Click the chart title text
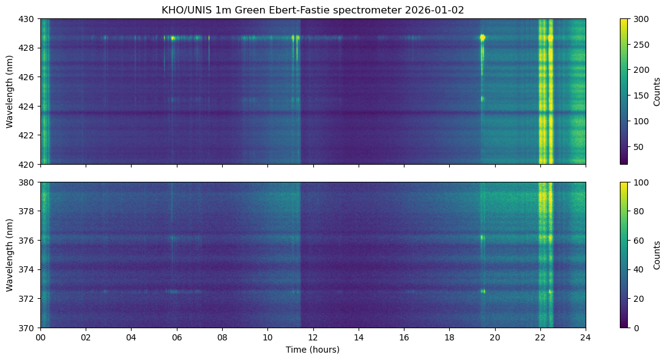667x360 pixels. [313, 10]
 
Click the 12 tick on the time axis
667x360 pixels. [313, 337]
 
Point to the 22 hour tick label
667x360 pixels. [540, 337]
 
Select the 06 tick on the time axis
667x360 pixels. [177, 337]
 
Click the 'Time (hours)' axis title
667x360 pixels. [313, 350]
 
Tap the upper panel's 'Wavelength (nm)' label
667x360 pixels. [10, 91]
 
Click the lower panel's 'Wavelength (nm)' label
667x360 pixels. [10, 255]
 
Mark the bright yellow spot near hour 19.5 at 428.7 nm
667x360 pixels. [482, 37]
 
